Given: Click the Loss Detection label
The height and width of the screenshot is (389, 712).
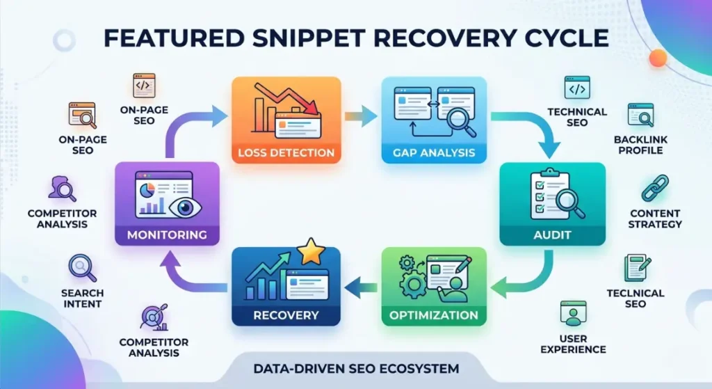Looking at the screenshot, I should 286,152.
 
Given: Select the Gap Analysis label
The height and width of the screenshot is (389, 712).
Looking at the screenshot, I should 428,152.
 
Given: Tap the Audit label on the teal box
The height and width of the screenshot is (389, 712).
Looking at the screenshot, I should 552,235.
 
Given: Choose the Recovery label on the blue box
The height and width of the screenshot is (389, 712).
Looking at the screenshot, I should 286,315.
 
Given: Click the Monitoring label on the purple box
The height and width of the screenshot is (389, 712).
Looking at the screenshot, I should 167,235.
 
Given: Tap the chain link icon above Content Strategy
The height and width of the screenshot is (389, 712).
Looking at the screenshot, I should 654,187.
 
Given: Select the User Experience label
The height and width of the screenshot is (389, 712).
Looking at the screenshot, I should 573,344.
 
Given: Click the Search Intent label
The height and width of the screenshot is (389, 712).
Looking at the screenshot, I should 82,299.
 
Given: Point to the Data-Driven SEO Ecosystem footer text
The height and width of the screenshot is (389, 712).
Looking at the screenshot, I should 357,367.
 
